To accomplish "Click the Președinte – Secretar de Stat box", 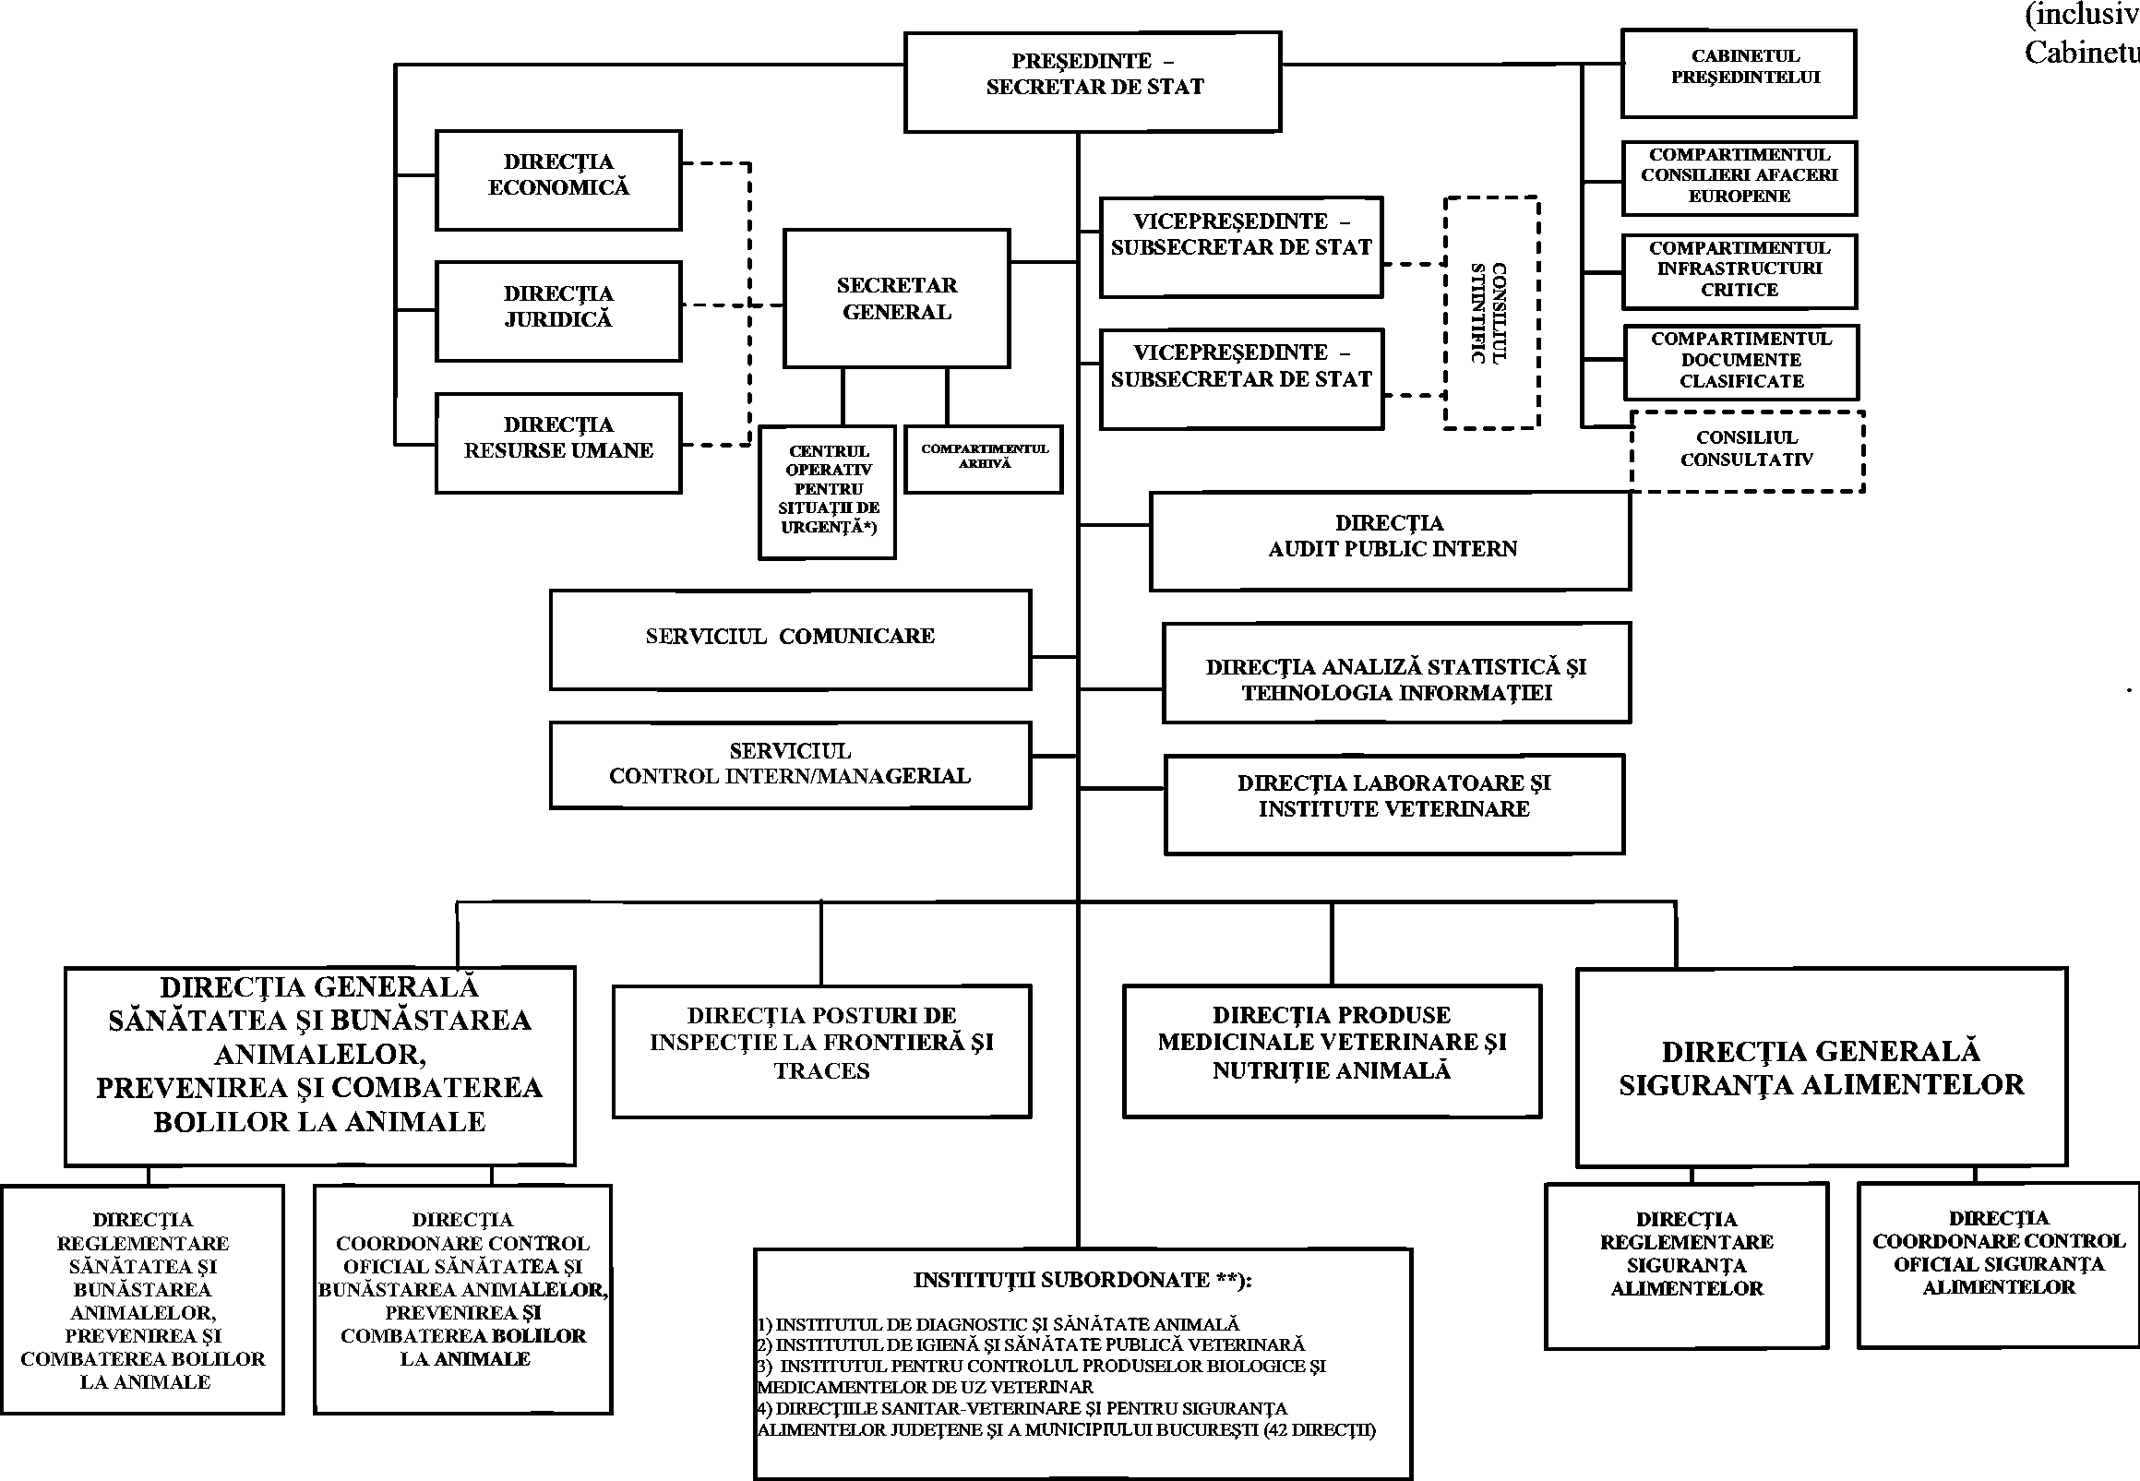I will pos(1093,81).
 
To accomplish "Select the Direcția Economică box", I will pos(557,179).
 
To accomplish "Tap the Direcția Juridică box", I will pos(557,311).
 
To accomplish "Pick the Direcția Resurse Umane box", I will pos(557,443).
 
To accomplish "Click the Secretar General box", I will pos(896,298).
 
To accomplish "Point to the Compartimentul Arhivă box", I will pos(984,459).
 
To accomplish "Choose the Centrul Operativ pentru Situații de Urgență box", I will pos(827,491).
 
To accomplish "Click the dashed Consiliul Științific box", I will pos(1491,313).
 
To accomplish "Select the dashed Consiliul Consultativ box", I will pos(1747,450).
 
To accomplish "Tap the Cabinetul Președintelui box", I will pos(1739,73).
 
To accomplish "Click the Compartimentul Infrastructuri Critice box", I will pos(1739,270).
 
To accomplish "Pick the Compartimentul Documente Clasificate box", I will pos(1741,361).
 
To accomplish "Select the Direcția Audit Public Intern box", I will pos(1389,540).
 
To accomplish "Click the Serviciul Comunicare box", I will pos(790,639).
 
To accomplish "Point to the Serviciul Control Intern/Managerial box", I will pos(790,766).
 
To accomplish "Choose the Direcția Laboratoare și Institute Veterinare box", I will pos(1393,803).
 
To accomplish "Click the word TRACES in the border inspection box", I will pos(821,1071).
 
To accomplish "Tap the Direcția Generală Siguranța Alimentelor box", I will pos(1821,1067).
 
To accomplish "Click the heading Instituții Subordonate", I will pos(1082,1281).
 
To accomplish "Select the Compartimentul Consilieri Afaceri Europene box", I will pos(1739,177).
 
